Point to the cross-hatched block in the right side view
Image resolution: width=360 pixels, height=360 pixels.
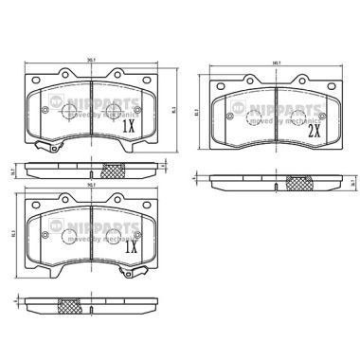coord(301,183)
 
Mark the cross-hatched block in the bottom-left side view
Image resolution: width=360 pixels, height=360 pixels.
coord(70,307)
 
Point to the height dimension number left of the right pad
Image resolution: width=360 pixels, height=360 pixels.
coord(196,112)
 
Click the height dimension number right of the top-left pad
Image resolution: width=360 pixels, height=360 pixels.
coord(174,110)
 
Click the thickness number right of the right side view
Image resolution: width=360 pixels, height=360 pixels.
coord(351,182)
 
